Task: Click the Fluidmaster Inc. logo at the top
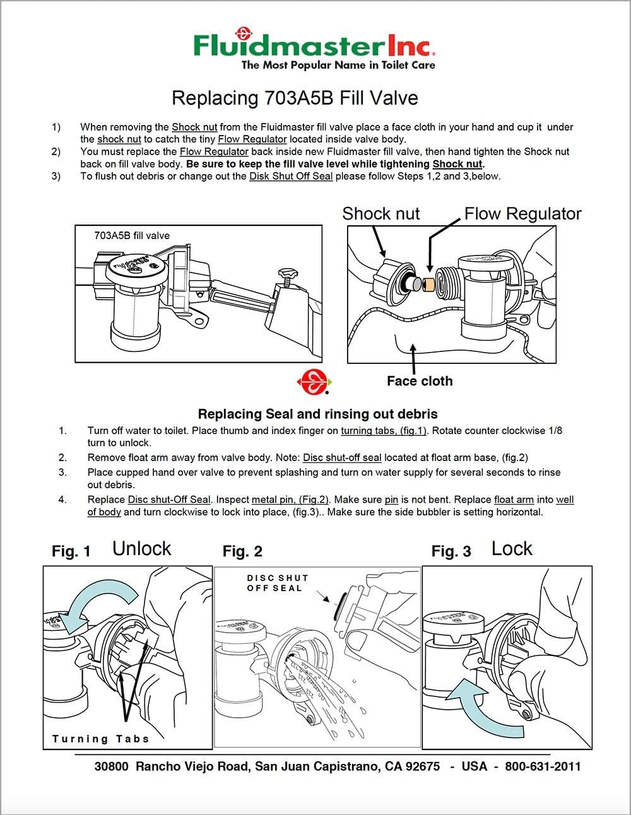[x=314, y=45]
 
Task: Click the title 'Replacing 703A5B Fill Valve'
[x=295, y=98]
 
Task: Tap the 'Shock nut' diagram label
[x=380, y=214]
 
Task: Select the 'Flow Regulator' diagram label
[x=522, y=214]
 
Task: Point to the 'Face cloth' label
[x=419, y=381]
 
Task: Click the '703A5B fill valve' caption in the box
[x=132, y=236]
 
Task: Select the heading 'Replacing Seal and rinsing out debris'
[x=317, y=414]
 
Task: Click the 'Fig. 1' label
[x=71, y=551]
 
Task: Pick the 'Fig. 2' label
[x=242, y=551]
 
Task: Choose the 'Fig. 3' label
[x=451, y=551]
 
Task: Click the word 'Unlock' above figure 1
[x=141, y=549]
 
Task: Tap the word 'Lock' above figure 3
[x=512, y=549]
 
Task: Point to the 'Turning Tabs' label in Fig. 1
[x=100, y=739]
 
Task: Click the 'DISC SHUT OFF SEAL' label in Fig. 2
[x=278, y=583]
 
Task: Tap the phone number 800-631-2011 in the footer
[x=542, y=766]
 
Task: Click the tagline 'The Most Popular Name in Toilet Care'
[x=338, y=65]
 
